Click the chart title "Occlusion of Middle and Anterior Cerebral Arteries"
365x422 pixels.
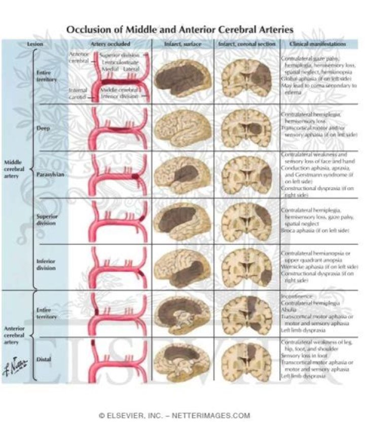pyautogui.click(x=180, y=29)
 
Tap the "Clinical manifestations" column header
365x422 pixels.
pyautogui.click(x=318, y=45)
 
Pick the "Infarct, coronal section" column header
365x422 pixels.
pyautogui.click(x=247, y=45)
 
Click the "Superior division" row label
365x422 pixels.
pyautogui.click(x=46, y=219)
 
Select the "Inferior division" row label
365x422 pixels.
pyautogui.click(x=46, y=265)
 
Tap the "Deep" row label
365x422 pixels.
pyautogui.click(x=44, y=128)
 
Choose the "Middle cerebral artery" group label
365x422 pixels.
pyautogui.click(x=14, y=169)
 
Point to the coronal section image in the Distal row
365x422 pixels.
pyautogui.click(x=247, y=360)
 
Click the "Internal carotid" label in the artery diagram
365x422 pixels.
pyautogui.click(x=79, y=93)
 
